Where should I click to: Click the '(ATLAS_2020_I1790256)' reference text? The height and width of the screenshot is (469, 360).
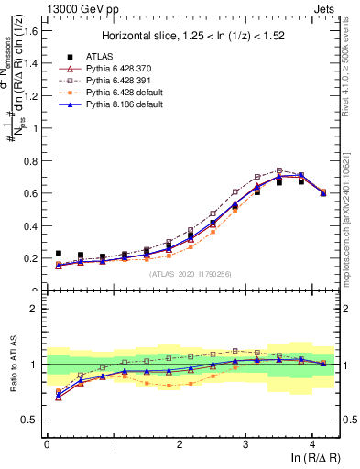(x=191, y=273)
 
